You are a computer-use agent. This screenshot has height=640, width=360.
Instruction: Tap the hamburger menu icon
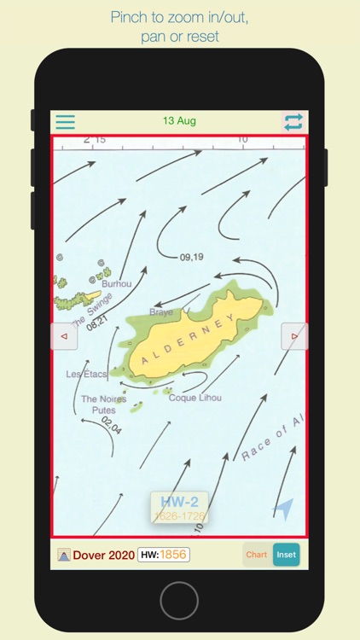point(65,122)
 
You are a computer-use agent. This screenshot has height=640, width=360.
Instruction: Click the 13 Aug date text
point(179,121)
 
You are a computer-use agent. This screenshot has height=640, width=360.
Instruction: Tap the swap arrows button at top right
point(293,122)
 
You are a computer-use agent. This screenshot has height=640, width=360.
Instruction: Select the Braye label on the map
point(161,312)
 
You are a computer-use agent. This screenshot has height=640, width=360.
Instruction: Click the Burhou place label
point(117,283)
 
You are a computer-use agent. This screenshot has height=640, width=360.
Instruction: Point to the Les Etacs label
point(87,374)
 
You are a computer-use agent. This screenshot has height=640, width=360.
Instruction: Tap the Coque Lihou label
point(195,398)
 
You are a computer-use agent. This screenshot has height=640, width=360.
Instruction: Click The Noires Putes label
point(103,404)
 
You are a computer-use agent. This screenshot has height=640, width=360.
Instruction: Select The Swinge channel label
point(92,310)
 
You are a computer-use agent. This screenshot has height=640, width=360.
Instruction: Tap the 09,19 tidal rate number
point(192,257)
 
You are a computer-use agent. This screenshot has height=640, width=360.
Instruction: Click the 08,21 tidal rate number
point(97,322)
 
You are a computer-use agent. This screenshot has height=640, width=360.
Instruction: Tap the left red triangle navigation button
point(64,336)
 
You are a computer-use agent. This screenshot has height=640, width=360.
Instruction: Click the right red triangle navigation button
point(294,336)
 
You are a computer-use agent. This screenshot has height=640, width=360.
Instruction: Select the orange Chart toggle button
point(257,555)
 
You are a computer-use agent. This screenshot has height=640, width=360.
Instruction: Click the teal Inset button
point(287,555)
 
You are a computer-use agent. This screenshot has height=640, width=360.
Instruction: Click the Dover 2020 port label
point(103,555)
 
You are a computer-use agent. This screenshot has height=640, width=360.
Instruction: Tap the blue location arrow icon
point(283,509)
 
